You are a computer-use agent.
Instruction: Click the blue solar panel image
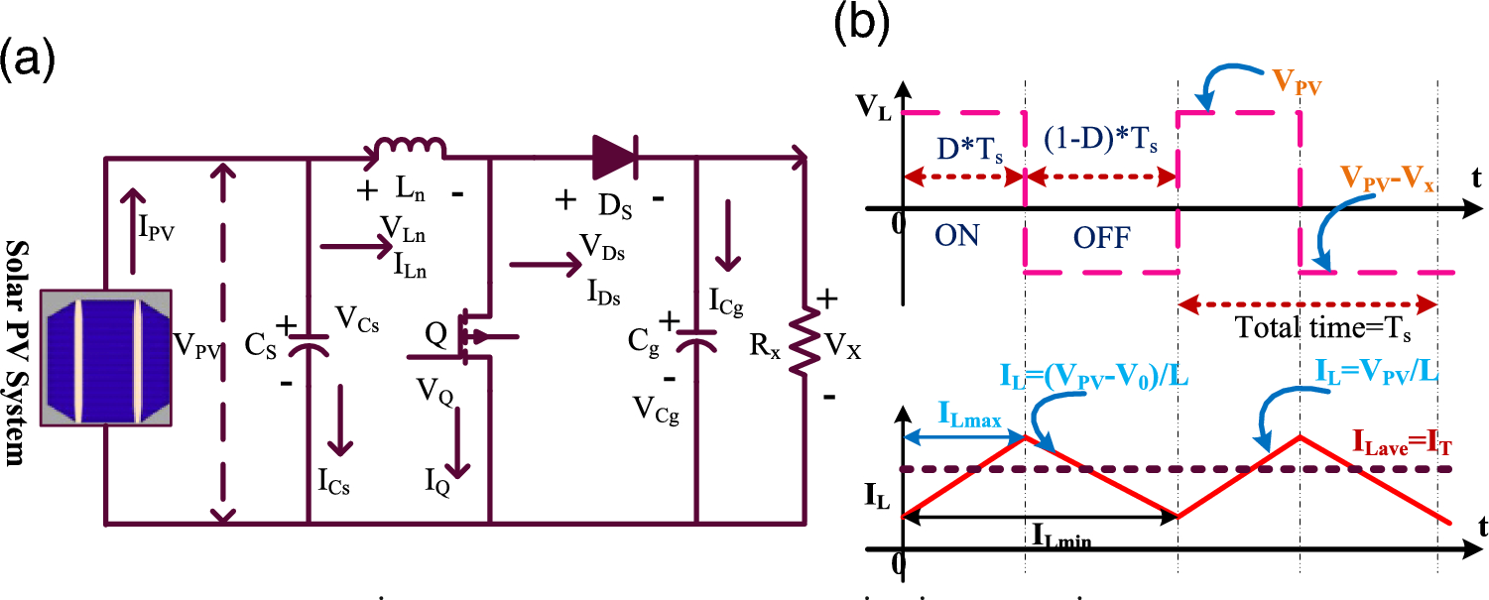[107, 359]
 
